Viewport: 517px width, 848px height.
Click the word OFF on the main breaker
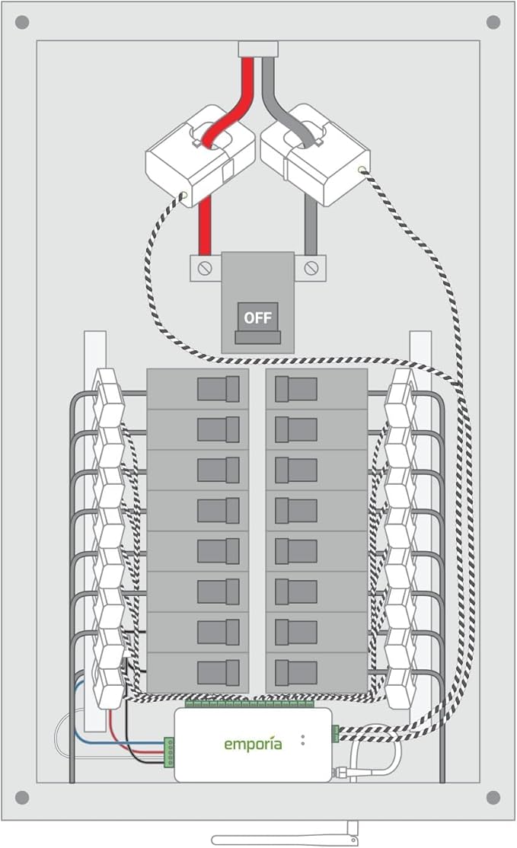point(257,317)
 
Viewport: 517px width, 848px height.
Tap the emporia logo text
point(253,744)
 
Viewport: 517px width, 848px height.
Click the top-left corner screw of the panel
point(22,22)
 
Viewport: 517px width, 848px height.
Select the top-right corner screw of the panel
point(493,22)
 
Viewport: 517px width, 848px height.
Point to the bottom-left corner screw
point(22,797)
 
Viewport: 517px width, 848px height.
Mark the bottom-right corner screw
point(493,797)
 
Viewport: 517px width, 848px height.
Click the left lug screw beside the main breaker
point(205,268)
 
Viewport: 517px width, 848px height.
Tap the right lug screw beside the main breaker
point(311,268)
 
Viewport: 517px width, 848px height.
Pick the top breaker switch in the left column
point(219,389)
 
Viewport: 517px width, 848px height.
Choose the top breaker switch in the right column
point(296,389)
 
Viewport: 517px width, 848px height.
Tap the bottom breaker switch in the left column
point(219,672)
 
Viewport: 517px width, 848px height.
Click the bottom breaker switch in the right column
point(296,672)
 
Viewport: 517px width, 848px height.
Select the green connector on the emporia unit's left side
point(168,751)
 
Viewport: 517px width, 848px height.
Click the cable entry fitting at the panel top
point(258,49)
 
